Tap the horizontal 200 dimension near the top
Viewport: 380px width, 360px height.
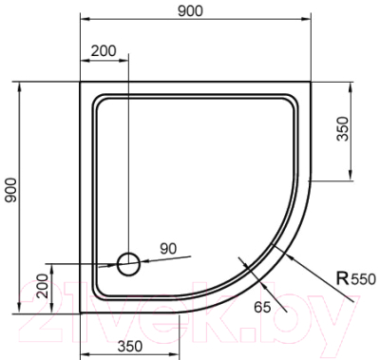[105, 52]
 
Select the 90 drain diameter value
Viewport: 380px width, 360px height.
[168, 249]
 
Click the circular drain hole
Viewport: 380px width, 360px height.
[128, 263]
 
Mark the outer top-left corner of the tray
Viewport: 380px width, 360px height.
[80, 83]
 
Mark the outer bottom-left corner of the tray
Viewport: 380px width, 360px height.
[80, 311]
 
